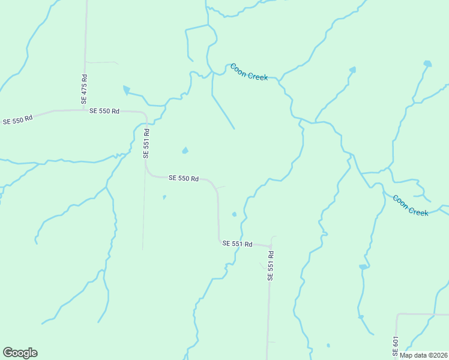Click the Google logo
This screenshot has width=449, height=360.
[20, 353]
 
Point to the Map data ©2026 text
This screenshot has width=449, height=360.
[423, 355]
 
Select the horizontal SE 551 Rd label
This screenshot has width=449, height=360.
[237, 244]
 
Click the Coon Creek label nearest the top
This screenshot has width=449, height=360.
[249, 72]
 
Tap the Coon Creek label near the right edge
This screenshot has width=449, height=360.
[411, 205]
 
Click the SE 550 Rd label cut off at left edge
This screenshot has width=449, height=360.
[17, 121]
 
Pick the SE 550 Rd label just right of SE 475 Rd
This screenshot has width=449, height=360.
[104, 111]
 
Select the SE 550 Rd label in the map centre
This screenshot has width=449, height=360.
[184, 178]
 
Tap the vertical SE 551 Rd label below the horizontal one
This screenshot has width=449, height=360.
[271, 263]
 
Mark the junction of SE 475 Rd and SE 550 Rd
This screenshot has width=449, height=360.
[84, 110]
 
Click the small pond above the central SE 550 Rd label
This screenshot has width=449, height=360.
[185, 150]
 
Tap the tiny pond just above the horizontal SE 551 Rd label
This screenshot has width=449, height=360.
[234, 214]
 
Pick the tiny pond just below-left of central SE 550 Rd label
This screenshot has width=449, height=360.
[164, 197]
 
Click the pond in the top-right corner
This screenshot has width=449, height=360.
[427, 63]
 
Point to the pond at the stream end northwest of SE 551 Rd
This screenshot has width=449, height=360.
[126, 90]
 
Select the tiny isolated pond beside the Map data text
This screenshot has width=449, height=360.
[328, 345]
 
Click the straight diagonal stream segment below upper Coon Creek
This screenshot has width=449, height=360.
[223, 112]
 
